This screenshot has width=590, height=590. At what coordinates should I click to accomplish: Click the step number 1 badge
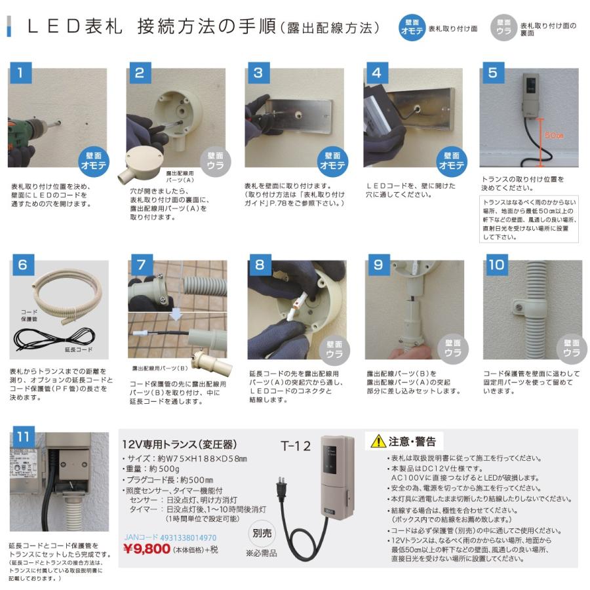pyautogui.click(x=21, y=73)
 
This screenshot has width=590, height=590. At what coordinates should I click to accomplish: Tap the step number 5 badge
pyautogui.click(x=492, y=73)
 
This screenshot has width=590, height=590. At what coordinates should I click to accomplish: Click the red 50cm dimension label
pyautogui.click(x=555, y=135)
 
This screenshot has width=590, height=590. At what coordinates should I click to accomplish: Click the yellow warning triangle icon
pyautogui.click(x=378, y=442)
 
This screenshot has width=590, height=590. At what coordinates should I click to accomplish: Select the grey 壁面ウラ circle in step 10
pyautogui.click(x=569, y=347)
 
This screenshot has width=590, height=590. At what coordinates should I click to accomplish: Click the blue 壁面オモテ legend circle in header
pyautogui.click(x=412, y=28)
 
